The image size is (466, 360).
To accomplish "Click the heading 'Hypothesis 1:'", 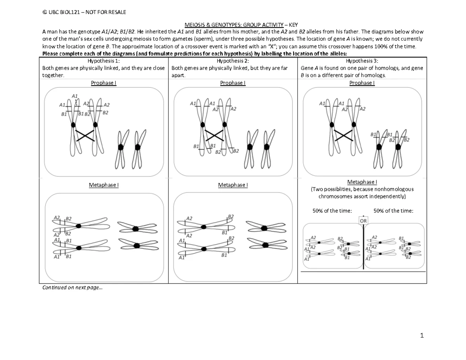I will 104,61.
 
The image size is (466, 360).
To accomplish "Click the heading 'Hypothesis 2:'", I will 233,61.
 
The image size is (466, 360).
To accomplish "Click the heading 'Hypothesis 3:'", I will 362,61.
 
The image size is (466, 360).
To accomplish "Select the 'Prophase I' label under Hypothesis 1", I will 104,83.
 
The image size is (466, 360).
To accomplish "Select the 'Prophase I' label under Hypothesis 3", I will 362,83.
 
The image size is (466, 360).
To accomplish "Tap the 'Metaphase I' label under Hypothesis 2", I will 233,185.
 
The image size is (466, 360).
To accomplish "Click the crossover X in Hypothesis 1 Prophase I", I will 85,135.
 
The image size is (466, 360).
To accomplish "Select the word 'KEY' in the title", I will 291,24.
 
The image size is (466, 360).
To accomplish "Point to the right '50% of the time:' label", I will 393,210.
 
